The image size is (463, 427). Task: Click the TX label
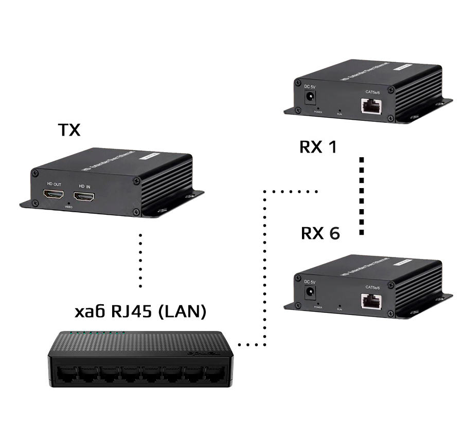69,130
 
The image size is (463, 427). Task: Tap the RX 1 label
318,147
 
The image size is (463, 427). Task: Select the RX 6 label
320,233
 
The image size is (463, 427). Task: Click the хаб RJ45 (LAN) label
140,311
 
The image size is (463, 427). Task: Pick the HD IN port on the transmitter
85,196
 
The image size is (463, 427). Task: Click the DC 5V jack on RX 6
311,293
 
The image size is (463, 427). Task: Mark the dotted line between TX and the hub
140,259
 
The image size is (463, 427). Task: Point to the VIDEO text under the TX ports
69,207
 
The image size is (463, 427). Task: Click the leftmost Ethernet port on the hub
64,374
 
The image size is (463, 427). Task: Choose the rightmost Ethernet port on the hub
212,375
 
